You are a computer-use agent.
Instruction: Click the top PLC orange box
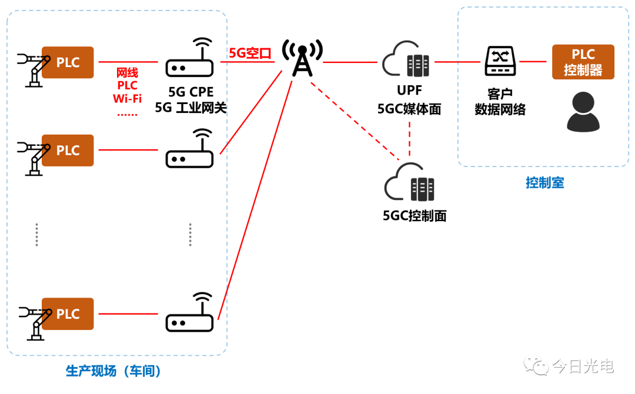pos(68,62)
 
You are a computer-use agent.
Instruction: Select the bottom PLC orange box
pos(68,313)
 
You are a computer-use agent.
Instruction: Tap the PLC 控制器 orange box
pos(583,62)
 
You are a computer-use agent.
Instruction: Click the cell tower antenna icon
pos(302,58)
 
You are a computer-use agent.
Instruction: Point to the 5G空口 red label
pos(250,54)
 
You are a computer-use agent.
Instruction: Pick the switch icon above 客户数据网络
pos(500,61)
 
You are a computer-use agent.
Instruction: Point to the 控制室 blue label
pos(544,183)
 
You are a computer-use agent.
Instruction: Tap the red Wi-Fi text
pos(127,98)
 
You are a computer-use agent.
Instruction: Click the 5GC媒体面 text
pos(409,109)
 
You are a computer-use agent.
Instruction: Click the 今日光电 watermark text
pos(583,367)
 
